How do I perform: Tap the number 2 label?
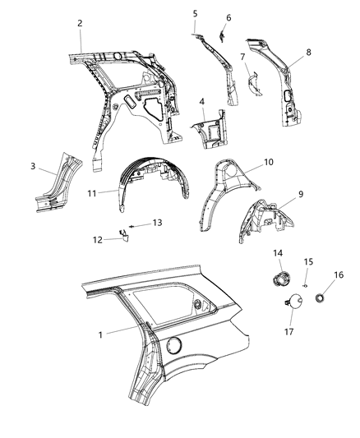click(80, 23)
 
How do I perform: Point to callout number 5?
click(195, 14)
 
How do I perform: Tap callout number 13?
click(158, 223)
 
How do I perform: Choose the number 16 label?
click(339, 275)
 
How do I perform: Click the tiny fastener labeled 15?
click(304, 284)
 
